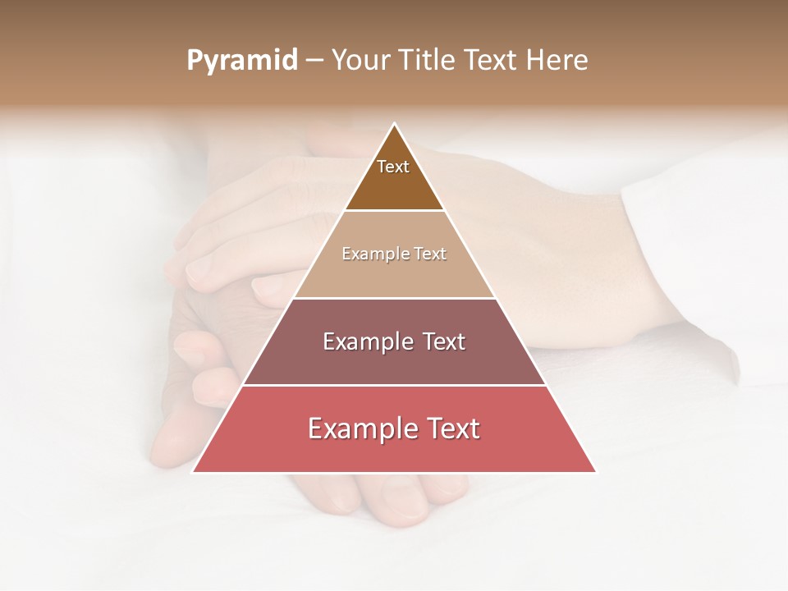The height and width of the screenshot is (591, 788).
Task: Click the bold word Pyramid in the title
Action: pos(241,61)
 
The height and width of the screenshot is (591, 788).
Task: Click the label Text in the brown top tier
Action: pos(393,167)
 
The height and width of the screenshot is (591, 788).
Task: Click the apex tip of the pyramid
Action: pos(394,124)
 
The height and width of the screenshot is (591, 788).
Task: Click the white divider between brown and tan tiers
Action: pos(394,211)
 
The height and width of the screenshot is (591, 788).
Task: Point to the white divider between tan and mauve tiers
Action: pos(394,298)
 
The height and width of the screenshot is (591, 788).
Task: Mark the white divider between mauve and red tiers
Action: pos(394,385)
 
